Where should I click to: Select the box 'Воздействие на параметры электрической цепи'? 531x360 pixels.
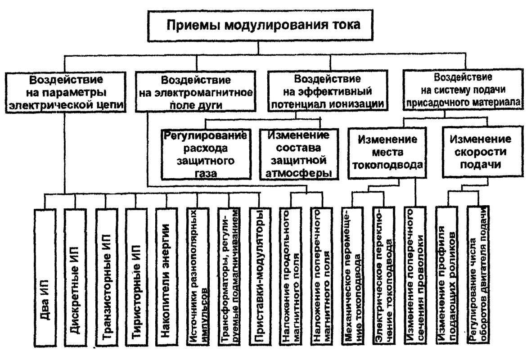pos(65,92)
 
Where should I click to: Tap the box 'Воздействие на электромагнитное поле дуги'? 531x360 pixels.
pos(195,91)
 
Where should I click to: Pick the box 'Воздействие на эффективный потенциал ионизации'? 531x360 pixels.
pos(328,91)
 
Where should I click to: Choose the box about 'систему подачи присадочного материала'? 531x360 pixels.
pos(463,90)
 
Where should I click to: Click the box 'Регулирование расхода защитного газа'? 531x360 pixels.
pos(206,154)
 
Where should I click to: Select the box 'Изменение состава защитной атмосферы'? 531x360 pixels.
pos(299,154)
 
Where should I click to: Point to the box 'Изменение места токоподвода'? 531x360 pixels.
pos(387,153)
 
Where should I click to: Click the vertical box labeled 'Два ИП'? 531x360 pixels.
pos(45,277)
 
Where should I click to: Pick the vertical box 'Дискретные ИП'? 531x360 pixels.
pos(75,277)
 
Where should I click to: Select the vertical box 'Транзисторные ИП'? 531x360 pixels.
pos(106,277)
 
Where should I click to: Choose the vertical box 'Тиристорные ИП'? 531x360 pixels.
pos(136,277)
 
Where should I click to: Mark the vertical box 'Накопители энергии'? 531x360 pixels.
pos(166,277)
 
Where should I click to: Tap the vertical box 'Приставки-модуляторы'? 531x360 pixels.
pos(260,277)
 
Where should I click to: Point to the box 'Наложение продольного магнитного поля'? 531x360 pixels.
pos(290,277)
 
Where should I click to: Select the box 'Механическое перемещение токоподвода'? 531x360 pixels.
pos(352,277)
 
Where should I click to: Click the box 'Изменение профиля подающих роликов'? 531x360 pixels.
pos(446,276)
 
